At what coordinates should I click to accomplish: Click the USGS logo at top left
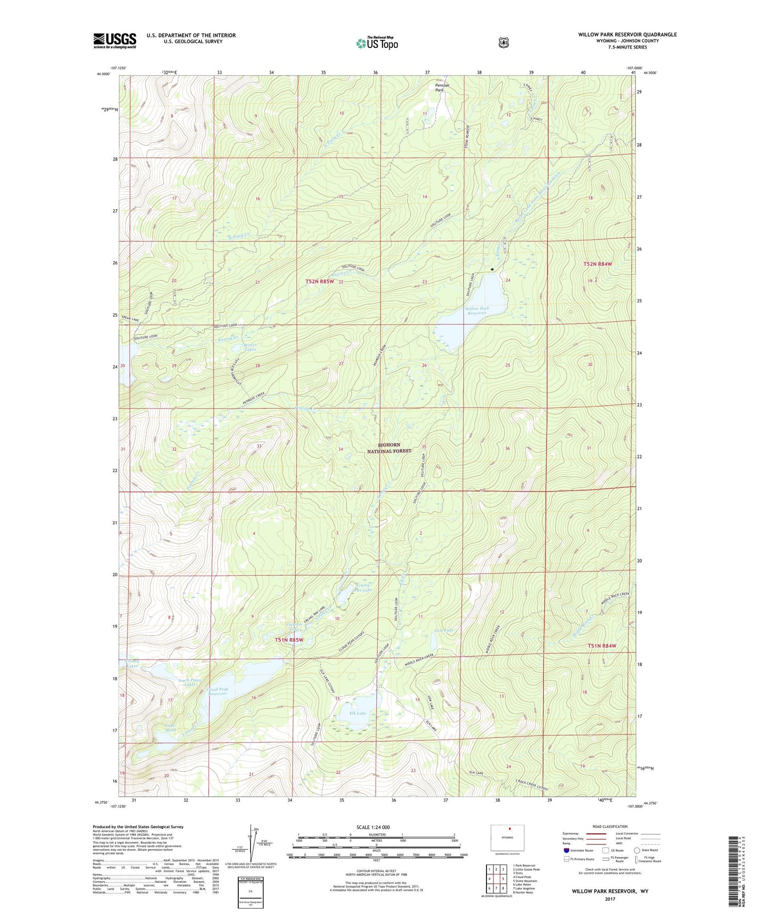pyautogui.click(x=115, y=40)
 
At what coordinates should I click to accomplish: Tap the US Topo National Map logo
pyautogui.click(x=377, y=43)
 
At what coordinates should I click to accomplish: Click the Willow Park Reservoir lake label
pyautogui.click(x=477, y=311)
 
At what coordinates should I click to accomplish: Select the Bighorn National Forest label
pyautogui.click(x=389, y=448)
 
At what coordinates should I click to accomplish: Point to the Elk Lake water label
pyautogui.click(x=358, y=713)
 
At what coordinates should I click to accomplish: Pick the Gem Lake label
pyautogui.click(x=444, y=630)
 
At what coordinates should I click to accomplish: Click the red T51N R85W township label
pyautogui.click(x=289, y=640)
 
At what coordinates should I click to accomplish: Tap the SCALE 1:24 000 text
pyautogui.click(x=373, y=827)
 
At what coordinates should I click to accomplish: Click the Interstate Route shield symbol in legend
pyautogui.click(x=566, y=850)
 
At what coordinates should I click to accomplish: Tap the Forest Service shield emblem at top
pyautogui.click(x=503, y=43)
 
